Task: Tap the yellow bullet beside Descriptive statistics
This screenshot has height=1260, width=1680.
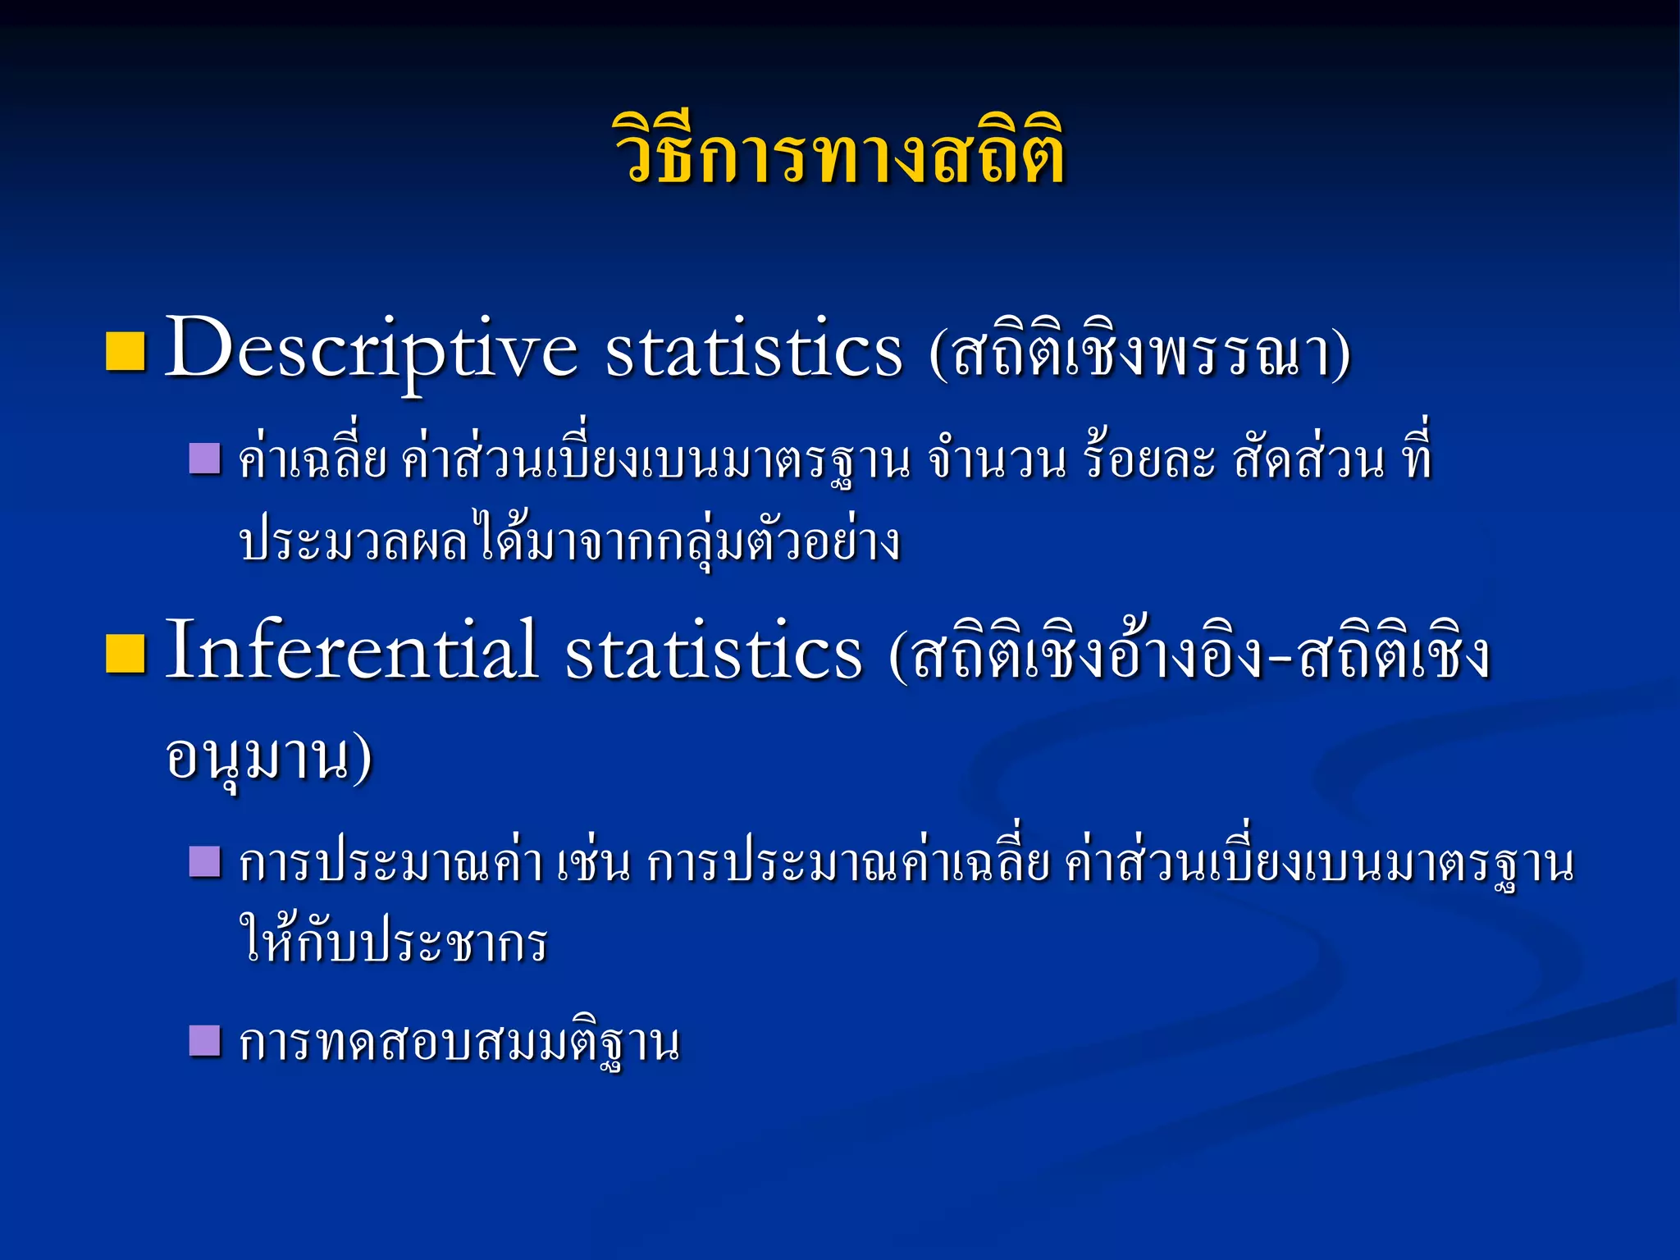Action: [x=126, y=352]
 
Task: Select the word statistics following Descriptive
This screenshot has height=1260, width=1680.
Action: [x=753, y=351]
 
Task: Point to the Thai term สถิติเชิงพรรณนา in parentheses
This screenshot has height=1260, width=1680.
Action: [x=1140, y=354]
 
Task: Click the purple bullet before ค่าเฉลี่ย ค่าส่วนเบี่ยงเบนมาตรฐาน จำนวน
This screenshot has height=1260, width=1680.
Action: [x=204, y=459]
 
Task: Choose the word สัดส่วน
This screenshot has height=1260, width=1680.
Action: [x=1309, y=459]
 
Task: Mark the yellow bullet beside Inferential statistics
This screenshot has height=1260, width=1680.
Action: [x=126, y=654]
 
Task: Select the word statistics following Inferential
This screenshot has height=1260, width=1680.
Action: [x=713, y=654]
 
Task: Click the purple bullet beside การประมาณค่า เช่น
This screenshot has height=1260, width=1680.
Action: [x=204, y=862]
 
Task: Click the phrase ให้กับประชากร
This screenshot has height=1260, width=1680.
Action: [x=393, y=941]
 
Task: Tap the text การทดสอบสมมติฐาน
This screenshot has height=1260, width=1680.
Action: [x=459, y=1043]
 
